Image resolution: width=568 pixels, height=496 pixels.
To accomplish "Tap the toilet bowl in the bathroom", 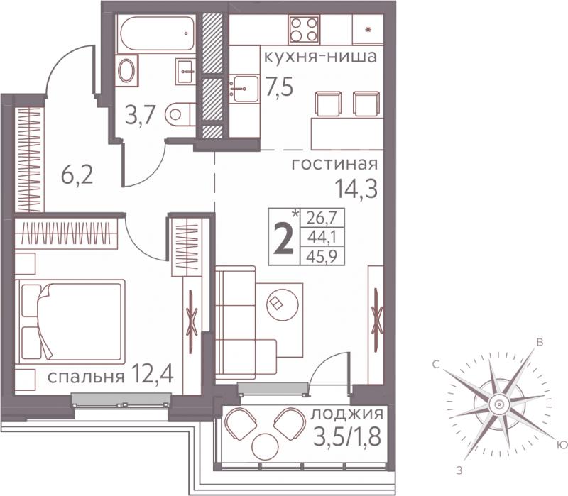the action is click(180, 114).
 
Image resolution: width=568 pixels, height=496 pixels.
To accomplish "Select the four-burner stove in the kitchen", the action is click(305, 29).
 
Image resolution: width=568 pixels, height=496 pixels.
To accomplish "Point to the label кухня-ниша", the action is click(320, 57).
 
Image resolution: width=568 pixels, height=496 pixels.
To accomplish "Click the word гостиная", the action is click(334, 165).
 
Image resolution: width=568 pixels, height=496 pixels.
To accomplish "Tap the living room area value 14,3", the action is click(356, 189).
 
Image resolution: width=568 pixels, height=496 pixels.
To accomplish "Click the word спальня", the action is click(86, 377).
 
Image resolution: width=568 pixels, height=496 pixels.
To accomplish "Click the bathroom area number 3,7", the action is click(140, 116).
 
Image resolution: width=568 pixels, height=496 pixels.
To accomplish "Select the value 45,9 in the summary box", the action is click(322, 256).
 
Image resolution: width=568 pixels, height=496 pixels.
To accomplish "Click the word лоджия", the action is click(347, 414).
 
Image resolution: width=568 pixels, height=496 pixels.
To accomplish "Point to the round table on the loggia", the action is click(265, 446).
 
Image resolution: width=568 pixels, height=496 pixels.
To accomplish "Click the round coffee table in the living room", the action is click(282, 304).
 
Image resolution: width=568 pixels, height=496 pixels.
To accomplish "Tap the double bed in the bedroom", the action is click(70, 320).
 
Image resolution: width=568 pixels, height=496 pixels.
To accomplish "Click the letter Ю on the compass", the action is click(560, 445).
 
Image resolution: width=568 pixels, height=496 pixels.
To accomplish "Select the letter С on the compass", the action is click(436, 365).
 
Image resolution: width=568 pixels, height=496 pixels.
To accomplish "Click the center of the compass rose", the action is click(499, 404).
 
